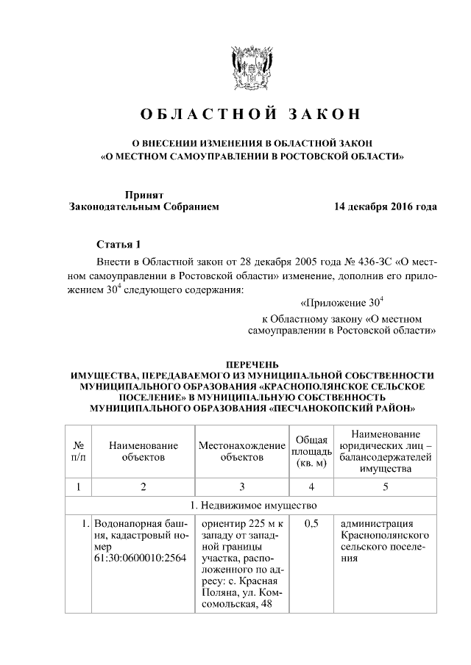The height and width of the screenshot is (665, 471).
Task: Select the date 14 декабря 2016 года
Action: click(385, 206)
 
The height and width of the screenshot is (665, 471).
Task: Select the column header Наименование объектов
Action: click(144, 451)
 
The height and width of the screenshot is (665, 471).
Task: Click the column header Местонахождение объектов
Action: click(241, 451)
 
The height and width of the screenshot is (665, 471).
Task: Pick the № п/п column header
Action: click(78, 451)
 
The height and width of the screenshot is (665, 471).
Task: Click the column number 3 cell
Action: click(241, 486)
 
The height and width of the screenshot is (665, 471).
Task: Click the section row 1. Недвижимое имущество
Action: click(251, 506)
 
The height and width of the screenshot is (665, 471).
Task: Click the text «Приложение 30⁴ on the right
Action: click(343, 302)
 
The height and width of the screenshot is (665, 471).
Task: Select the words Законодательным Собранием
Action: click(144, 206)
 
